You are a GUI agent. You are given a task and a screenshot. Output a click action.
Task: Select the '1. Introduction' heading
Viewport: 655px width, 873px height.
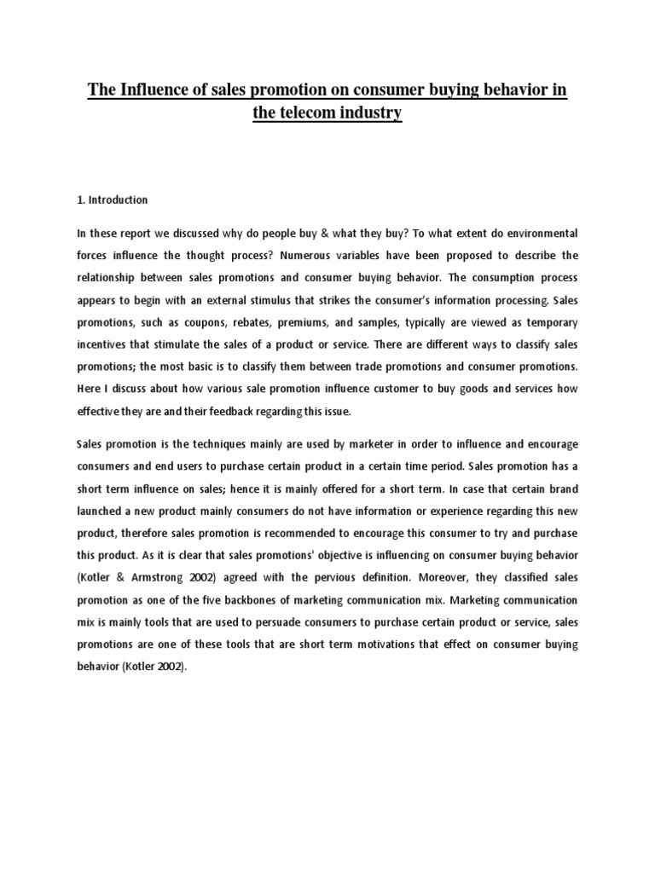(113, 200)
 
